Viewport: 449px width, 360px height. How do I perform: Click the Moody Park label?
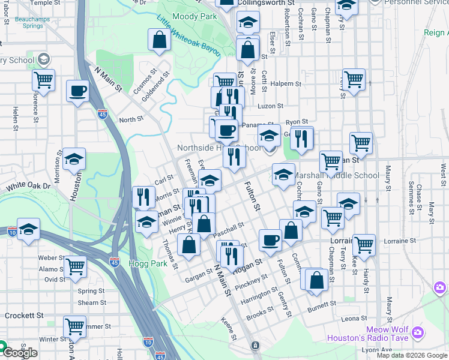(x=194, y=17)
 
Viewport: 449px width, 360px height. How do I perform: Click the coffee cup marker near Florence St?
(x=77, y=92)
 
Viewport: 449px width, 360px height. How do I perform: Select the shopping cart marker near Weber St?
(x=75, y=266)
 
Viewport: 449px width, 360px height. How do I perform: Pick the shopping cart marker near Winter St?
(x=74, y=326)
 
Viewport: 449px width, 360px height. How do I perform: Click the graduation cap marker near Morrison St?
(x=74, y=159)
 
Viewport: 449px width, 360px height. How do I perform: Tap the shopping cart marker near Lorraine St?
(x=364, y=245)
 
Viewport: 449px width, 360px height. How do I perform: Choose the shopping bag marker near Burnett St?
(x=316, y=280)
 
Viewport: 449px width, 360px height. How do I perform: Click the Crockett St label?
(x=24, y=315)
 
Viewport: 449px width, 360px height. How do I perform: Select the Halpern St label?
(x=285, y=84)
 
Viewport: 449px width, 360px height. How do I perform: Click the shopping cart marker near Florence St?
(x=43, y=79)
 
